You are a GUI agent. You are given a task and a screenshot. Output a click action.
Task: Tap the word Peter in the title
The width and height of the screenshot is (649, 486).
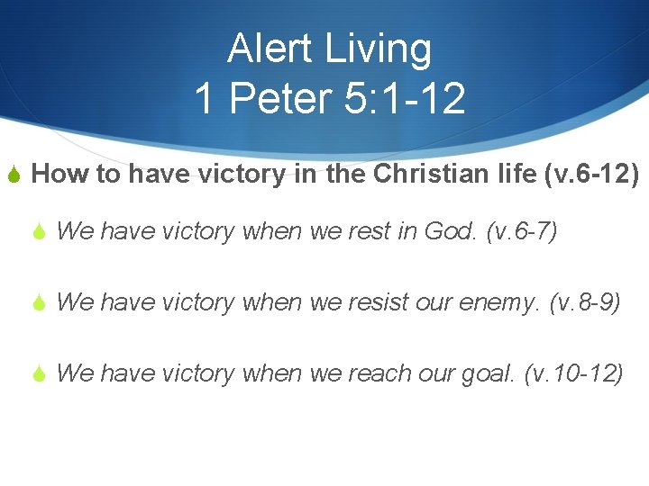(282, 98)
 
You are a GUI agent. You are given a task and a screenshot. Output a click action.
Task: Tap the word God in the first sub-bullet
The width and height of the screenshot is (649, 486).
(447, 231)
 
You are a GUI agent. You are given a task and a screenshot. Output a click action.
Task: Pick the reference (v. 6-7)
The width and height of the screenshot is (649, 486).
(522, 231)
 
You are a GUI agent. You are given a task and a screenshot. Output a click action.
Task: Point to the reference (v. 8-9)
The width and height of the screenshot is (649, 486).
(585, 301)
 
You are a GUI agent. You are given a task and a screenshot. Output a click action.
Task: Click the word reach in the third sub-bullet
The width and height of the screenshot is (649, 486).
(372, 372)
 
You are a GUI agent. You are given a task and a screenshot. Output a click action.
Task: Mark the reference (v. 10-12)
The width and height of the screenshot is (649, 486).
(573, 372)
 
